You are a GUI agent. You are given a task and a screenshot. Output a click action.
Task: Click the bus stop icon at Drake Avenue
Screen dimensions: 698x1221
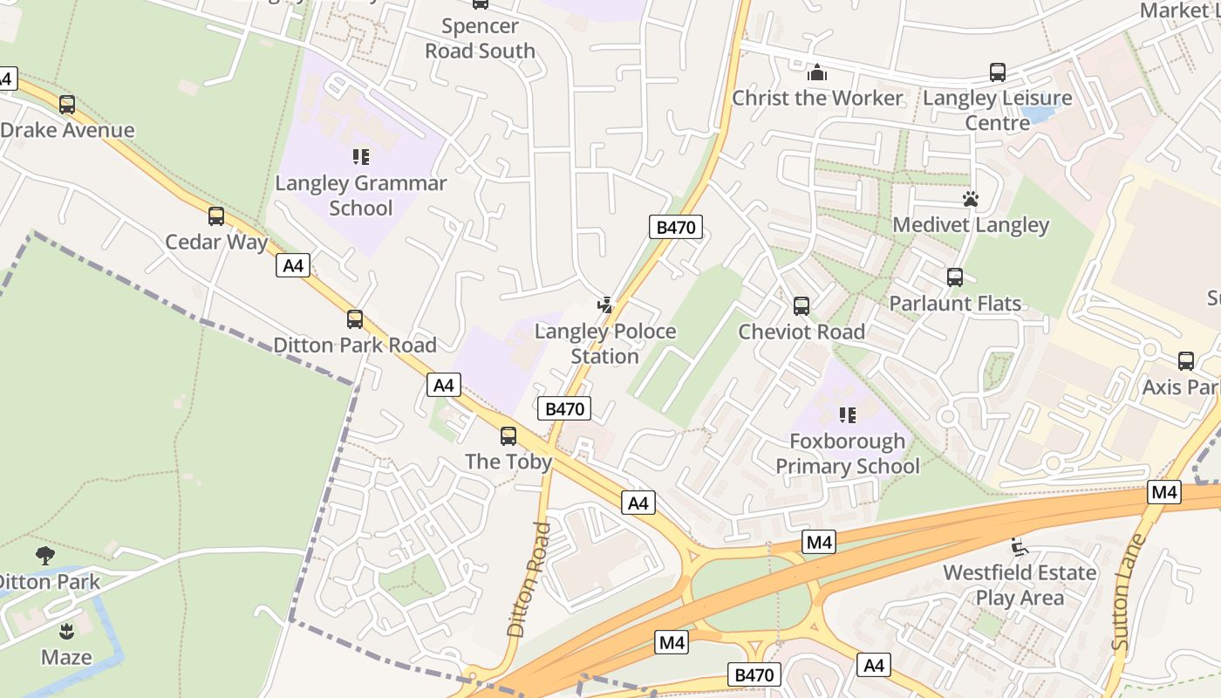point(67,105)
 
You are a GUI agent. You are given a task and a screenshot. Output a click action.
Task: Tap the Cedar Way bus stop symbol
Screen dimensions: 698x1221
point(216,216)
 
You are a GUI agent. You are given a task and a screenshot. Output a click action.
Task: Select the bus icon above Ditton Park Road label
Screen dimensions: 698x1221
point(355,319)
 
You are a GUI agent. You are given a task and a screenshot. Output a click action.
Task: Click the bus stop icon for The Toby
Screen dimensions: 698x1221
point(508,435)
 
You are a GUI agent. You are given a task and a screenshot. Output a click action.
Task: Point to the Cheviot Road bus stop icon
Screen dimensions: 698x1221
point(801,306)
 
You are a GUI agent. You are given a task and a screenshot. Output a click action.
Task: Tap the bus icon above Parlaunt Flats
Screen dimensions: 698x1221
point(955,277)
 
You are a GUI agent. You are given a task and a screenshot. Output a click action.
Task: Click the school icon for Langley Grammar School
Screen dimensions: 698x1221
point(361,157)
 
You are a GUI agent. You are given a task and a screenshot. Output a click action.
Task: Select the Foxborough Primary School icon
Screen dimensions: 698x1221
point(848,415)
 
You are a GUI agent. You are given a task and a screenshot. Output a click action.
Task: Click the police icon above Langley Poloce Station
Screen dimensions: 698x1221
point(605,305)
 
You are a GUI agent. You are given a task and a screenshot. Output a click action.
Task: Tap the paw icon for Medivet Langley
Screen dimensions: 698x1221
point(971,199)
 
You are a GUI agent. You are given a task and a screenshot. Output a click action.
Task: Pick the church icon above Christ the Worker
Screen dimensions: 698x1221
point(816,72)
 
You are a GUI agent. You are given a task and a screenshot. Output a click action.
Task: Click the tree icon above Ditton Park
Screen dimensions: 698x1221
point(44,556)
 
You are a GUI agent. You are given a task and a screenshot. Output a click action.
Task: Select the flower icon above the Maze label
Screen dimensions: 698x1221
point(66,631)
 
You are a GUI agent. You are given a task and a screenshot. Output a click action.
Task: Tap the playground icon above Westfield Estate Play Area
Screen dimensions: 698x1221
point(1019,547)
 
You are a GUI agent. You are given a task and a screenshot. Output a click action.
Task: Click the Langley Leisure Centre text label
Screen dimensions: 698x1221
point(997,110)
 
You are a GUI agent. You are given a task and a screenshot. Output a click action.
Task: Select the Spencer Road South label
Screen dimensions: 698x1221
point(480,38)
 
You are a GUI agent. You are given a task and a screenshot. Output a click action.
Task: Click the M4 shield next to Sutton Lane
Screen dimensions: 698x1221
point(1164,492)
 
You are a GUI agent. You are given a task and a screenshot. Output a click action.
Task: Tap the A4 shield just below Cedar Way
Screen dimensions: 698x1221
point(293,265)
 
